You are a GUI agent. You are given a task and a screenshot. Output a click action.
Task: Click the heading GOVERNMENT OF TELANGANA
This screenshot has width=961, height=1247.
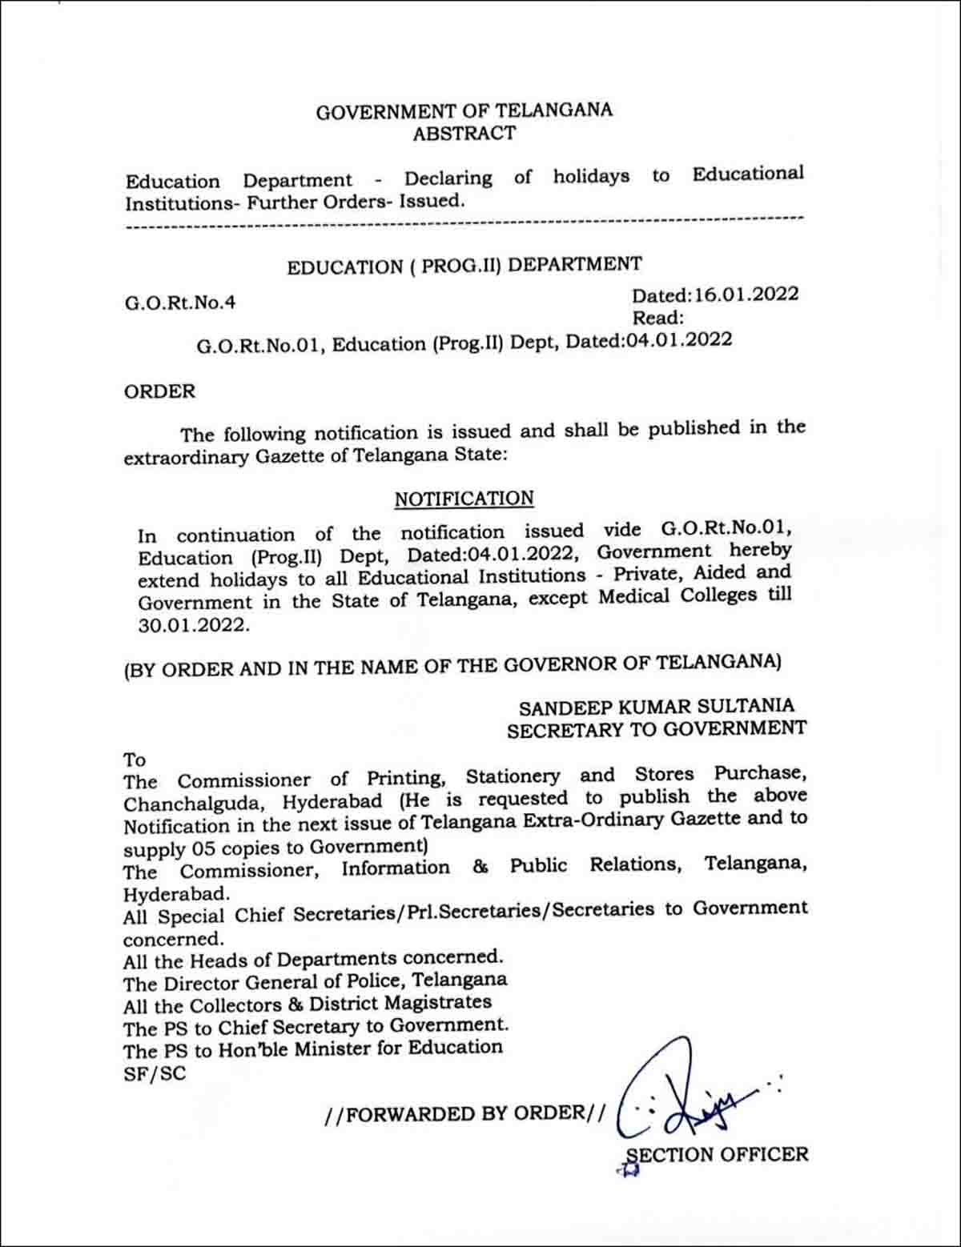click(464, 110)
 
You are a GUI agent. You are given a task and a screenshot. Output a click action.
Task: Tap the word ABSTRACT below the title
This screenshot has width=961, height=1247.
click(464, 134)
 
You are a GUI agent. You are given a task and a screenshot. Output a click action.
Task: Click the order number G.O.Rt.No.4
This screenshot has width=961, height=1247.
click(180, 303)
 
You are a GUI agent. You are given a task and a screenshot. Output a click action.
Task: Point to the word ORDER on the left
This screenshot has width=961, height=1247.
click(159, 391)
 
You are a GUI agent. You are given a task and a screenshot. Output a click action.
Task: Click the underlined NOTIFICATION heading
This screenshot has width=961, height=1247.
click(464, 499)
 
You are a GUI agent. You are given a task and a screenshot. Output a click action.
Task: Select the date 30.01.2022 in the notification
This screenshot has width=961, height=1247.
click(193, 625)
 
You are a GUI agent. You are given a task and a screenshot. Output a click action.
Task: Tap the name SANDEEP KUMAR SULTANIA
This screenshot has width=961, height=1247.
click(657, 707)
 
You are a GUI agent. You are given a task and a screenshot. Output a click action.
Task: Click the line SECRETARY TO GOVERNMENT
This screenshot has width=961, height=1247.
click(657, 729)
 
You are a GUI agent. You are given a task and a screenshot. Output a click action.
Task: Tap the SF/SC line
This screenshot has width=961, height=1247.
click(154, 1073)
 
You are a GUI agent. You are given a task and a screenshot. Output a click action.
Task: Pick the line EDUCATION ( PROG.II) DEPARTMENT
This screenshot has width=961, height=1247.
click(464, 265)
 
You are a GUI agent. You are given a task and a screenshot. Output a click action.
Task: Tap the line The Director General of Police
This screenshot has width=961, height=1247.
click(315, 980)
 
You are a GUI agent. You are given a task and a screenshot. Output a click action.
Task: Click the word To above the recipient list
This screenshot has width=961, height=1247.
click(134, 759)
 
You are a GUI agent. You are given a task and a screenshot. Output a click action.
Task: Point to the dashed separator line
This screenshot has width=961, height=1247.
click(464, 224)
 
